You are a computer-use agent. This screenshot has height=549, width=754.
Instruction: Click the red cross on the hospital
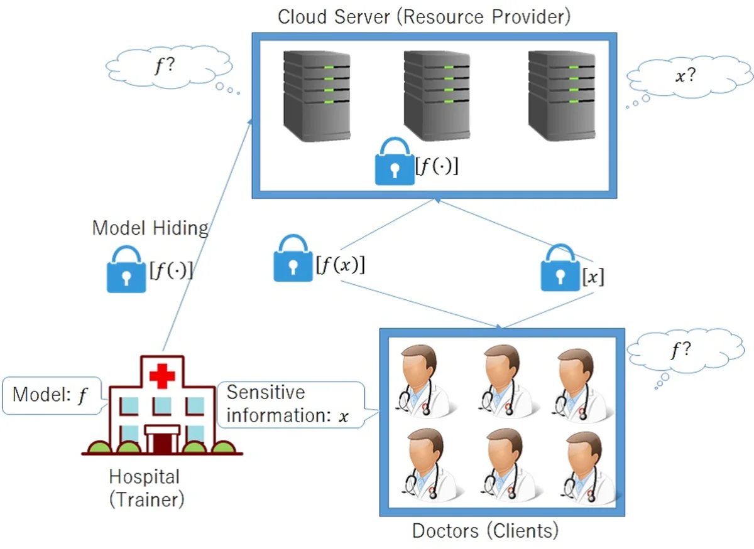coord(162,377)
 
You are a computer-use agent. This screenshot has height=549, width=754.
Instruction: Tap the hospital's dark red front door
coord(162,440)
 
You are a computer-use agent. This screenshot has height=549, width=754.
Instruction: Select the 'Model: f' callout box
coord(52,395)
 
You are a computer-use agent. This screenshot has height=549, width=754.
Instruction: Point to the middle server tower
coord(437,94)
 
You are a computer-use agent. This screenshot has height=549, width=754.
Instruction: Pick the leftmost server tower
coord(315,94)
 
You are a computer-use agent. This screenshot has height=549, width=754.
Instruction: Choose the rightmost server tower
coord(561,94)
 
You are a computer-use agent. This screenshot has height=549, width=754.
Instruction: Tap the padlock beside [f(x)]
coord(293,259)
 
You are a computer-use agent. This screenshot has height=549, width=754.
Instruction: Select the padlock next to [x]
coord(560,269)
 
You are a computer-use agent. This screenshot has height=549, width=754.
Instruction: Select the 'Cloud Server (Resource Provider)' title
coord(424,16)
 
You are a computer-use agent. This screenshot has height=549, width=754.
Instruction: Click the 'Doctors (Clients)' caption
coord(484,531)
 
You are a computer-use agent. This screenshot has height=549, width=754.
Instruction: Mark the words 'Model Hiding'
coord(150,227)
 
